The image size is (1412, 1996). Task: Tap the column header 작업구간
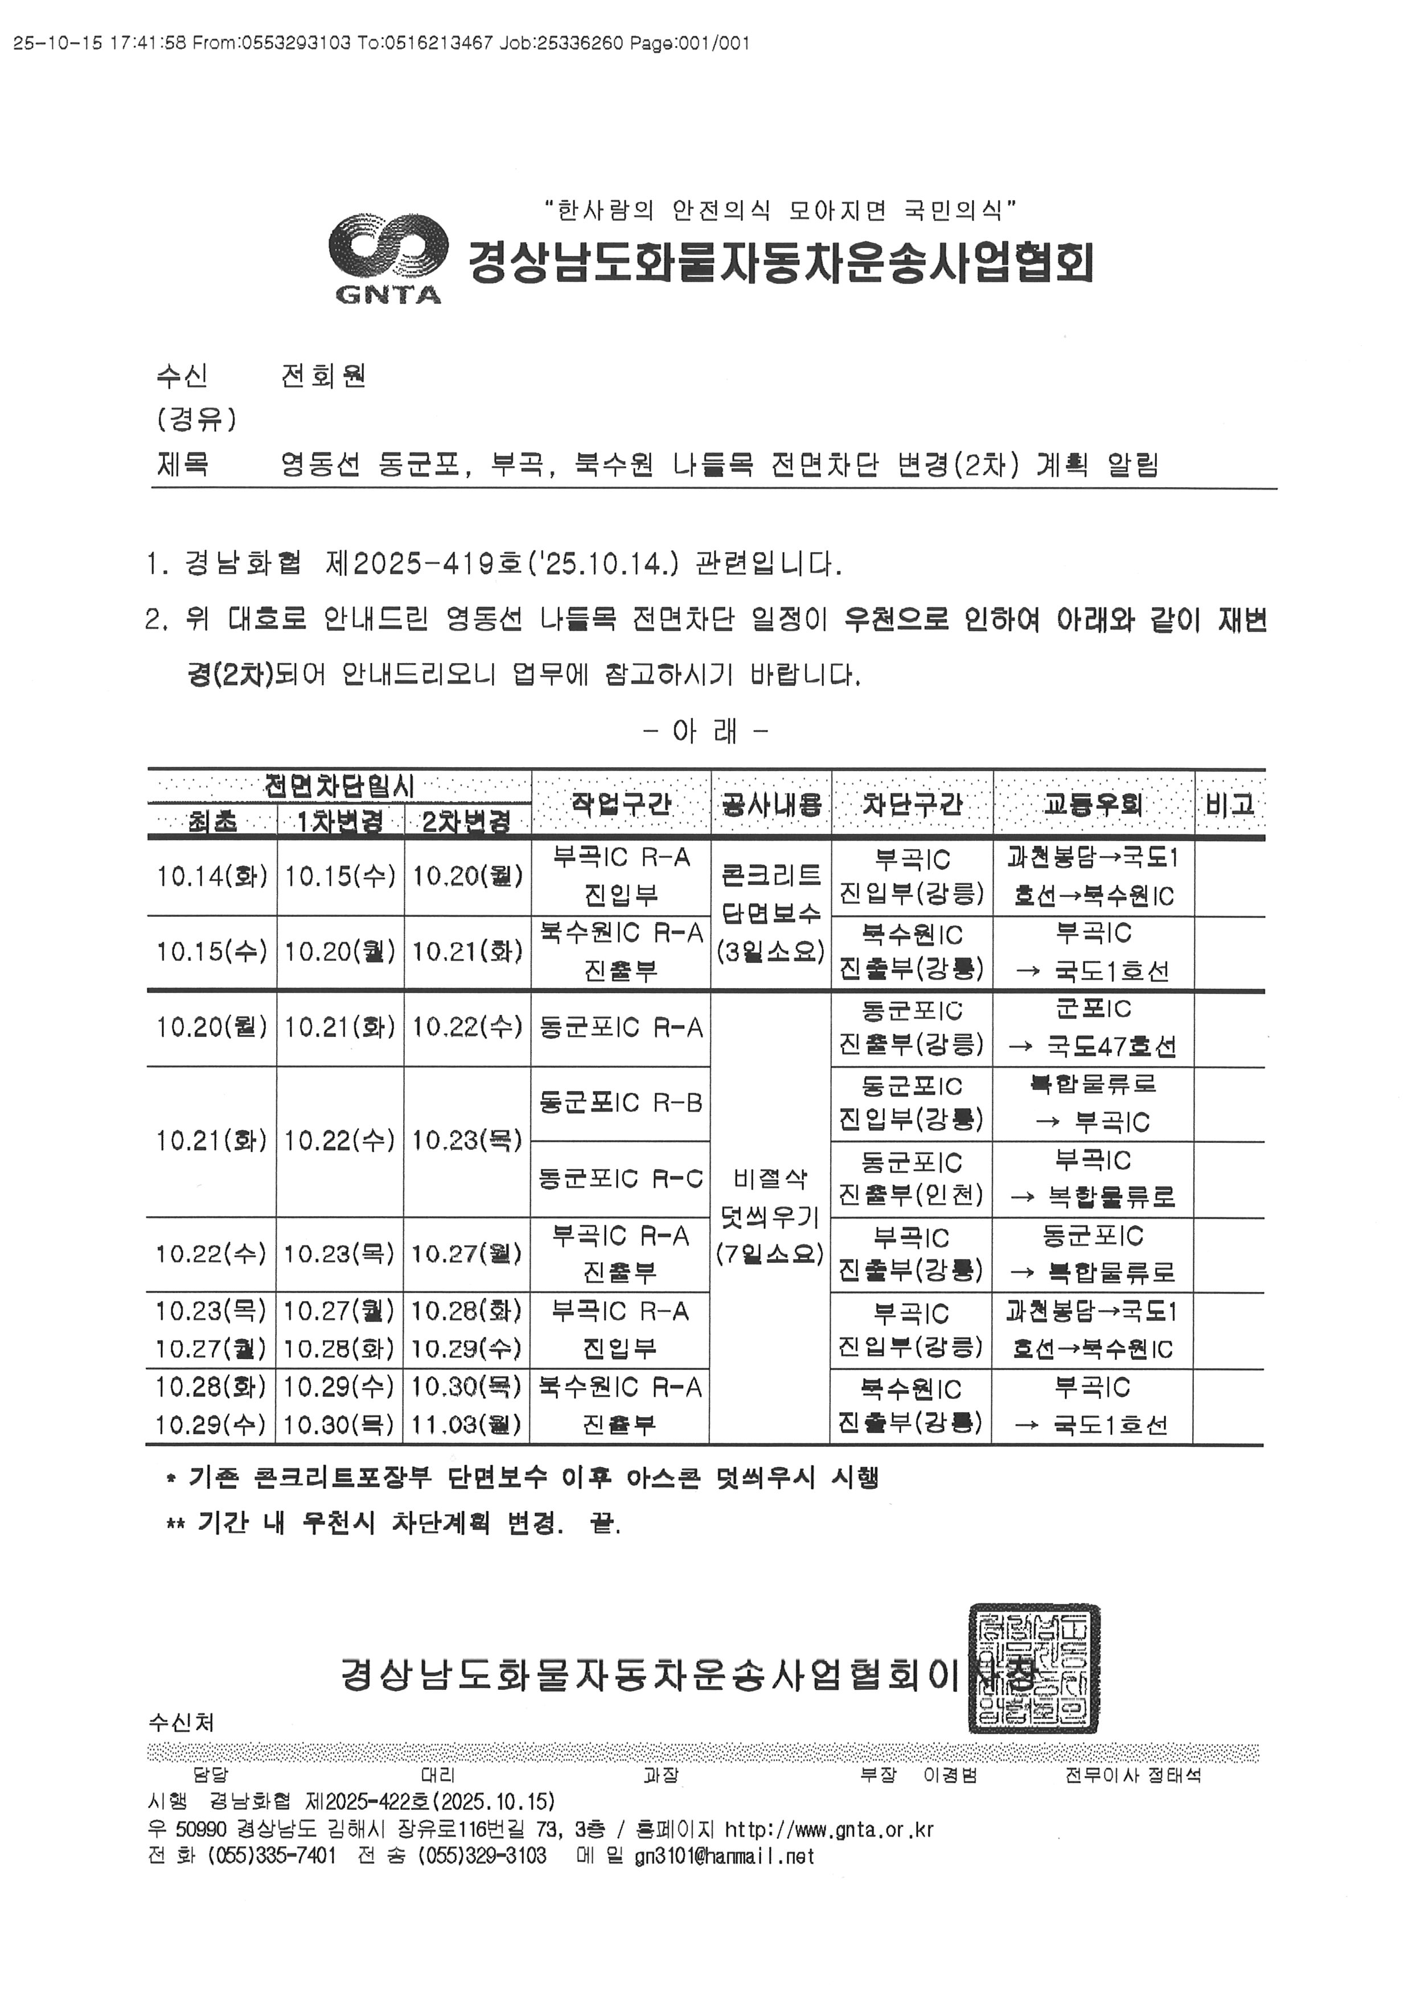click(621, 803)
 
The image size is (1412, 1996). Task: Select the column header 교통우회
click(1093, 803)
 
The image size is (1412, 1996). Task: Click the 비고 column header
click(1229, 803)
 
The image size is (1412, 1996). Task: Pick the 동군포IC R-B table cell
click(621, 1103)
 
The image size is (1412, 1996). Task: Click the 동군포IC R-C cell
click(621, 1179)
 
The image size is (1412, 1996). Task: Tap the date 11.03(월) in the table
click(467, 1425)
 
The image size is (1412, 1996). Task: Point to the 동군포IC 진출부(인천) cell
click(911, 1179)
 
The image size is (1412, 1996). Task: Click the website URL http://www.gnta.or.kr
click(830, 1828)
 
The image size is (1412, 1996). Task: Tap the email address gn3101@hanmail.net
click(724, 1856)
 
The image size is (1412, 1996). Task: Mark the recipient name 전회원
click(323, 376)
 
